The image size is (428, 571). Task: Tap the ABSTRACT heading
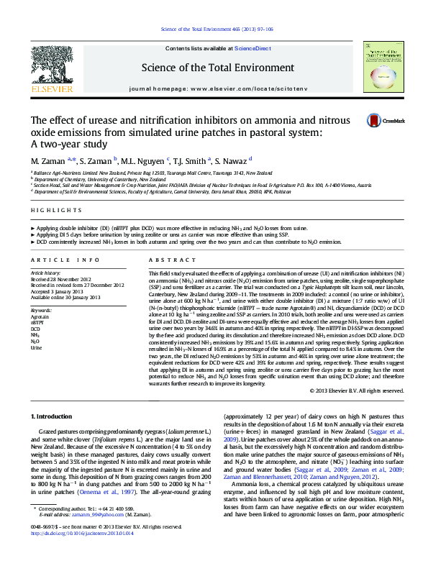[x=165, y=259]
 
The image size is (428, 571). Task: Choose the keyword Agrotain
[x=40, y=316]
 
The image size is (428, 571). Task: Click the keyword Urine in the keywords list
[x=36, y=347]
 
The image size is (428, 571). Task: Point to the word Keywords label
[x=40, y=309]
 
